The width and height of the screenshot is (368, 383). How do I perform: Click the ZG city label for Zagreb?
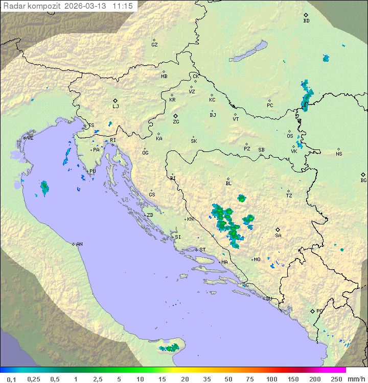click(176, 122)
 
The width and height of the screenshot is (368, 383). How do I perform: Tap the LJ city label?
click(116, 107)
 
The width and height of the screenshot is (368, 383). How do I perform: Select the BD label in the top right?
click(306, 21)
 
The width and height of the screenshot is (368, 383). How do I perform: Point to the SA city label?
click(278, 236)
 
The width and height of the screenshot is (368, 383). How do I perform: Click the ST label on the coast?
click(202, 250)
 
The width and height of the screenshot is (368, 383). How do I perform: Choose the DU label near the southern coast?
click(269, 299)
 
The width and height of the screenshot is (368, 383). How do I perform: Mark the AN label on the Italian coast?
click(79, 244)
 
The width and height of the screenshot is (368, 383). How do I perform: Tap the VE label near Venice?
click(30, 138)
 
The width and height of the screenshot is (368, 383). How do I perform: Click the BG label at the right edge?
click(363, 181)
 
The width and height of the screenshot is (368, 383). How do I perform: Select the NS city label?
click(339, 154)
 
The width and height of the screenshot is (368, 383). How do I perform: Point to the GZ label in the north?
click(154, 45)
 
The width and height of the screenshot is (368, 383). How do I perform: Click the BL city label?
click(228, 184)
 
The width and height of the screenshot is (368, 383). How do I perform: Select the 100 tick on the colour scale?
click(271, 379)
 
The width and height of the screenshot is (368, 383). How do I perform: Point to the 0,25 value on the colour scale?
click(34, 379)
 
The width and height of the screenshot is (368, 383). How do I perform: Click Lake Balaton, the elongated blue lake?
click(248, 52)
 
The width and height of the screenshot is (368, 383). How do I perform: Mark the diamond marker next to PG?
click(312, 311)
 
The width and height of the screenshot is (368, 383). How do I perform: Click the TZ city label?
click(289, 196)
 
